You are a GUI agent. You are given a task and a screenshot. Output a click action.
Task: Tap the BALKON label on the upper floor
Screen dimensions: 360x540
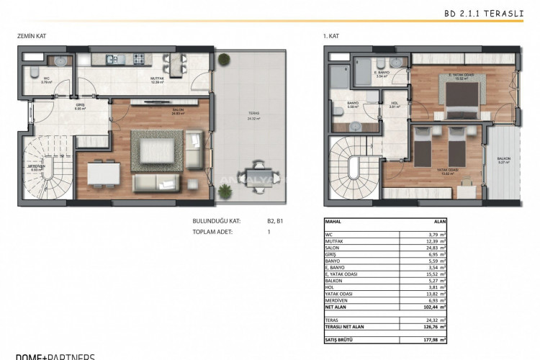click(x=503, y=159)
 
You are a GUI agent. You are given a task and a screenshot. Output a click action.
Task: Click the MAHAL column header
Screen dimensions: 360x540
click(x=333, y=222)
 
